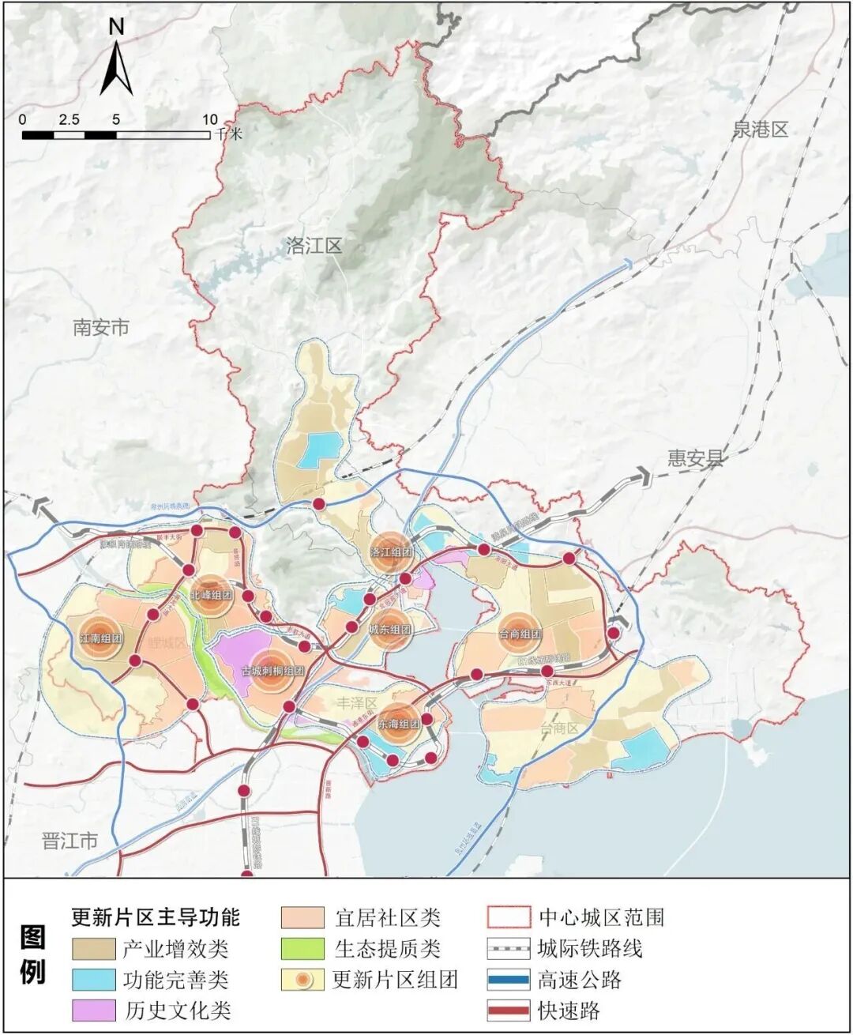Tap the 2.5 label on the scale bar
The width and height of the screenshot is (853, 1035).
(69, 120)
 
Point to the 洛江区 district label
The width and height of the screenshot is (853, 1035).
(314, 246)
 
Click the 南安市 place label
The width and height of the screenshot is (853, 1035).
(100, 327)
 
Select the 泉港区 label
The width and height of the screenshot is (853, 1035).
(760, 130)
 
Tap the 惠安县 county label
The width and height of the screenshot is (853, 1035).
(695, 458)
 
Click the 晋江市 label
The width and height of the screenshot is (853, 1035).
(70, 840)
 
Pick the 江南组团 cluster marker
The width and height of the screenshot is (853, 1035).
(100, 639)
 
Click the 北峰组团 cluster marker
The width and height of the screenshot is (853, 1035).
(211, 595)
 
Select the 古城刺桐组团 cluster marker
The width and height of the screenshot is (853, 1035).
(272, 671)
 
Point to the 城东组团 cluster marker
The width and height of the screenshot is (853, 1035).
(390, 630)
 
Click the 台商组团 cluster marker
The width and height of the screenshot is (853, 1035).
(520, 634)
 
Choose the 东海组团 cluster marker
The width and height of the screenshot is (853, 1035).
(398, 724)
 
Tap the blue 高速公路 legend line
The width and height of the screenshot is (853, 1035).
(508, 980)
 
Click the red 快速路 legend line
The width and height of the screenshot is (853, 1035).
(508, 1010)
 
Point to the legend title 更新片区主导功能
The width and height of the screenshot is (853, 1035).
(155, 916)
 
